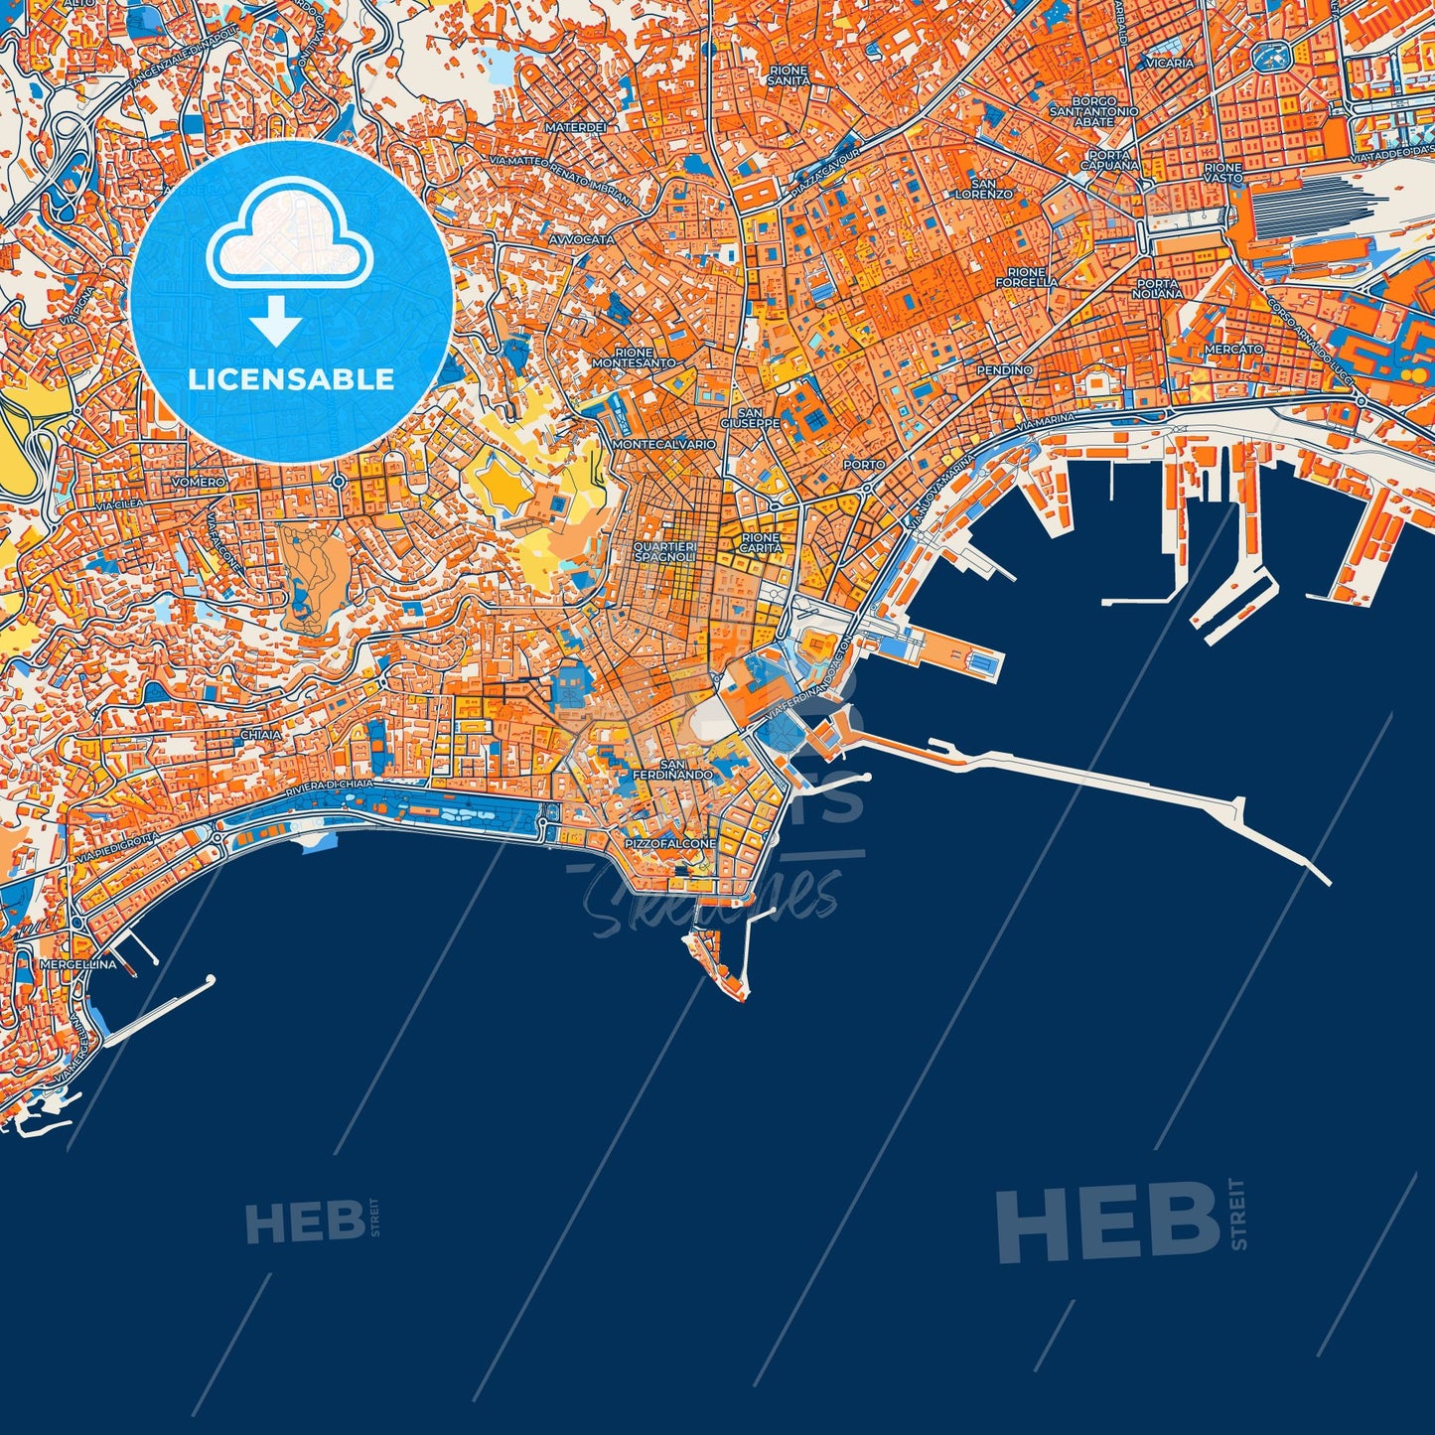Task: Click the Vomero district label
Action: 199,482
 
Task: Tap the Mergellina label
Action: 78,963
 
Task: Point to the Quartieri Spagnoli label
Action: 665,552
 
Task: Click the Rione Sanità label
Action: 789,75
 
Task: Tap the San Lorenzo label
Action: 983,189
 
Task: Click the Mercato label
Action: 1233,350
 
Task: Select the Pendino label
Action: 1005,369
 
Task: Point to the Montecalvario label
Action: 664,444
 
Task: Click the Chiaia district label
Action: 261,736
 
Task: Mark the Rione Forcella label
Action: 1026,276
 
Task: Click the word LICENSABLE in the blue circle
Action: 291,379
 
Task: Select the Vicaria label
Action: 1169,63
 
